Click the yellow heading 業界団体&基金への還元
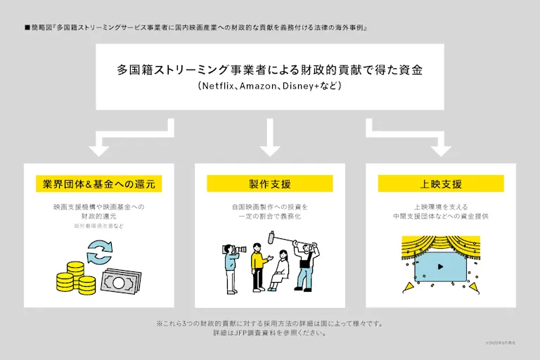[x=98, y=184]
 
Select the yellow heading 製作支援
[x=269, y=184]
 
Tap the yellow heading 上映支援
[x=441, y=184]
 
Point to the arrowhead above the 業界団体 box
[x=98, y=149]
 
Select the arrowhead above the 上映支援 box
[x=441, y=149]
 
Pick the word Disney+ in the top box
[x=307, y=86]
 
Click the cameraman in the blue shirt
[x=231, y=265]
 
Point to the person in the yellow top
[x=257, y=266]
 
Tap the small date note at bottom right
[x=500, y=342]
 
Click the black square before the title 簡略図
[x=27, y=27]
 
